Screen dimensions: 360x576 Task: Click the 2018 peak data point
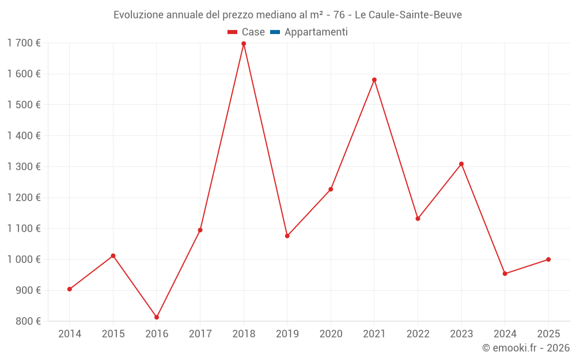coord(244,44)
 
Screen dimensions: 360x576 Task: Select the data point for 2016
coord(157,317)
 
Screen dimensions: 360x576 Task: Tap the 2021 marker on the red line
coord(374,80)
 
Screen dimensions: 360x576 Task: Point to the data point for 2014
coord(70,289)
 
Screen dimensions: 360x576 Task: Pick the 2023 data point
coord(461,164)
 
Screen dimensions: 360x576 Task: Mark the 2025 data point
coord(548,259)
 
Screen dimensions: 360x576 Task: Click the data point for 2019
coord(287,236)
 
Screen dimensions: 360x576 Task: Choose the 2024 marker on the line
coord(505,274)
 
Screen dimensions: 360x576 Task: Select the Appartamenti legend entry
coord(316,32)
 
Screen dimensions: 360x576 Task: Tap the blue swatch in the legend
coord(275,32)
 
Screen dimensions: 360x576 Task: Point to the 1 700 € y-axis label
coord(24,43)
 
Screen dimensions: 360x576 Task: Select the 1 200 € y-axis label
coord(24,198)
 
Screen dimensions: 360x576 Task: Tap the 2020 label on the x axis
coord(331,334)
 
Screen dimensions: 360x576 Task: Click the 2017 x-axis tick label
coord(200,334)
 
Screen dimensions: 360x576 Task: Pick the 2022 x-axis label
coord(418,334)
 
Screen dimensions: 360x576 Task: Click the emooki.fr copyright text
coord(525,348)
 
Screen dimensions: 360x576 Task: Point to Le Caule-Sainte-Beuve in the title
coord(408,15)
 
